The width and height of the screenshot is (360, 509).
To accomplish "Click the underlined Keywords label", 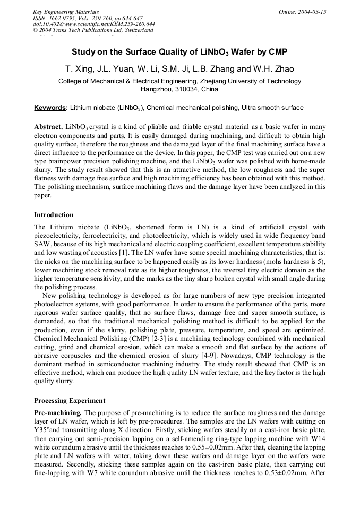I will coord(50,108).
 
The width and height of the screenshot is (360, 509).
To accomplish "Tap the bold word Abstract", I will coord(48,128).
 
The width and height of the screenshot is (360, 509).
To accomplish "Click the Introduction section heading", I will coord(54,215).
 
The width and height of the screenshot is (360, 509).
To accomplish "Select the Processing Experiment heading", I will coord(70,400).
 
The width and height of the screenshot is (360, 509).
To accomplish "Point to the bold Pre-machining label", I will coord(58,413).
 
